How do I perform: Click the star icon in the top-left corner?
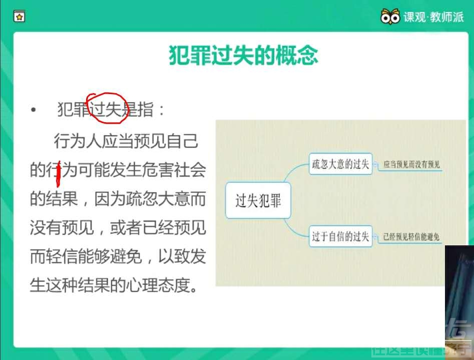click(x=19, y=17)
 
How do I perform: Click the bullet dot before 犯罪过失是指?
click(x=34, y=110)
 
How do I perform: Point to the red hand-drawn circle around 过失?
click(x=106, y=106)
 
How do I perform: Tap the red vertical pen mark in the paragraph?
click(x=59, y=172)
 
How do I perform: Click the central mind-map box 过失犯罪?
click(x=258, y=201)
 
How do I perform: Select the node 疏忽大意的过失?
click(x=340, y=164)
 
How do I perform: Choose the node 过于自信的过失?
click(x=340, y=236)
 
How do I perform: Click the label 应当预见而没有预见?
click(x=411, y=164)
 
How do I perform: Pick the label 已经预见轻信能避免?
click(x=411, y=237)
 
